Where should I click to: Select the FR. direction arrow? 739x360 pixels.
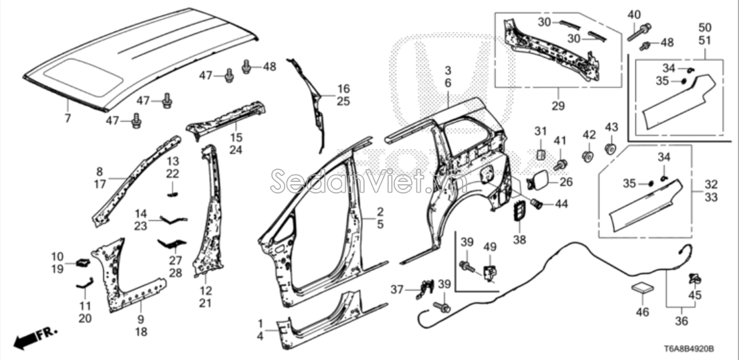click(x=35, y=338)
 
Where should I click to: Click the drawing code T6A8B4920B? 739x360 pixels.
click(x=689, y=349)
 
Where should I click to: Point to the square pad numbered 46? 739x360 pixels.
click(x=643, y=288)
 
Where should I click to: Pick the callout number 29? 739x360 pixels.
click(x=558, y=106)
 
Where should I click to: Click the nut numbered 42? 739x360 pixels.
click(x=588, y=156)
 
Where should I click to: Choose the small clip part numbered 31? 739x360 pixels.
click(x=540, y=154)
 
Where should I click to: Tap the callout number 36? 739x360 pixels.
click(x=681, y=321)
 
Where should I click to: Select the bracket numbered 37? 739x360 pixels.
click(x=426, y=289)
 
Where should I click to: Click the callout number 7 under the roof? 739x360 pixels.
click(x=68, y=118)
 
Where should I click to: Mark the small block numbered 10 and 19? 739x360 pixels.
click(x=83, y=263)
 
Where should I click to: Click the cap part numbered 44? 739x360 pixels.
click(x=536, y=203)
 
